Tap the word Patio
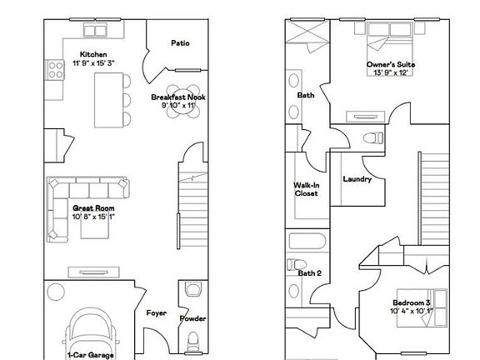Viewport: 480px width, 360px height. point(179,43)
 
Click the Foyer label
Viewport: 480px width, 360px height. point(156,314)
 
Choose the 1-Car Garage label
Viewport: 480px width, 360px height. point(89,354)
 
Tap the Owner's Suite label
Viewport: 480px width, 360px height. point(390,64)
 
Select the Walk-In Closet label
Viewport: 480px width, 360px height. point(306,188)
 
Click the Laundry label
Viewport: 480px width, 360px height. point(357,178)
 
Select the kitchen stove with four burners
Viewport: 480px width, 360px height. point(56,69)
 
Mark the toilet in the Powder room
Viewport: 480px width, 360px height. point(192,340)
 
